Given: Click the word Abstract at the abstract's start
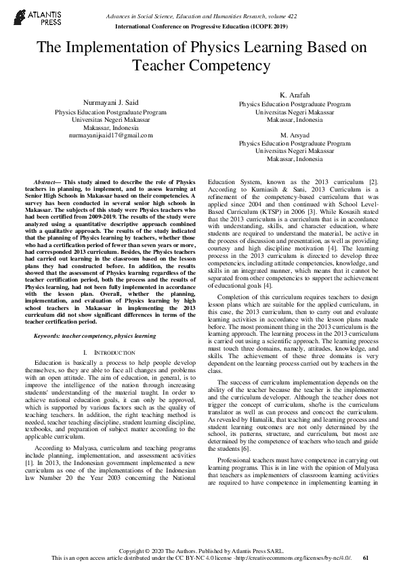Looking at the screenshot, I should pyautogui.click(x=47, y=183).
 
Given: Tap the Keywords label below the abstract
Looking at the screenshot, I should pyautogui.click(x=51, y=336).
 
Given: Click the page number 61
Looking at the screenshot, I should pyautogui.click(x=366, y=558).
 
